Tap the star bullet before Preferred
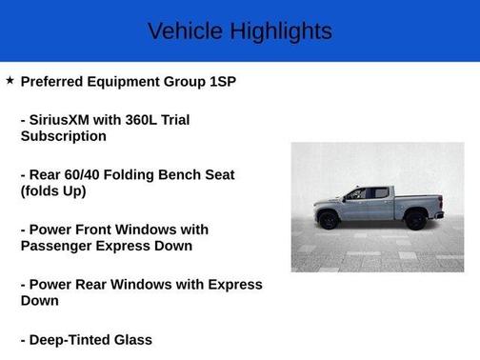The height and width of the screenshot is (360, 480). [x=10, y=81]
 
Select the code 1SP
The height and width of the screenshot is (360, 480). [x=220, y=82]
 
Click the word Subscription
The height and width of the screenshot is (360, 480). [x=63, y=136]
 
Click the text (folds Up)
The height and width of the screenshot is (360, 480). [x=53, y=190]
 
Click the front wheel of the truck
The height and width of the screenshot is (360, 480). [x=330, y=220]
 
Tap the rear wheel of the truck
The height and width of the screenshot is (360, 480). [x=416, y=220]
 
